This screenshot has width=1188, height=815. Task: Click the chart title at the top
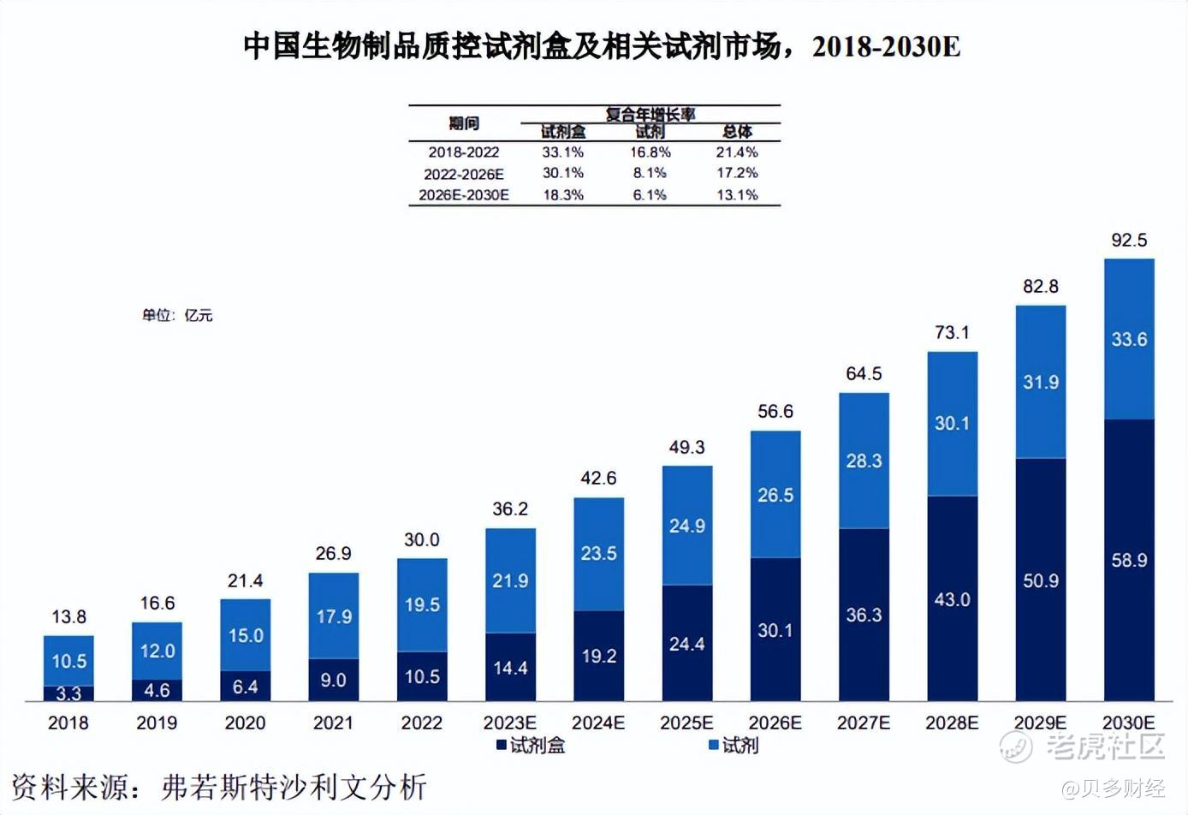coord(602,46)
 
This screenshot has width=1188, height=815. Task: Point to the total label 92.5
coord(1129,241)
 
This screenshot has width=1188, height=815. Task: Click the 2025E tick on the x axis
coord(686,723)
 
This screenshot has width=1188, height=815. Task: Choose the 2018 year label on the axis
coord(68,723)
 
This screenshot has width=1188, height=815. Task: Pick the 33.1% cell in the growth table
coord(562,152)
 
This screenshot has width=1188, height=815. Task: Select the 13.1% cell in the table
coord(737,195)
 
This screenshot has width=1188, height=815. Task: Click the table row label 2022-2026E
coord(464,174)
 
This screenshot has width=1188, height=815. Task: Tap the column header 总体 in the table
coord(737,131)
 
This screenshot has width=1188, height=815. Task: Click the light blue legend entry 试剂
coord(734,746)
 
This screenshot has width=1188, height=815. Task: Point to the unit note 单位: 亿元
coord(177,315)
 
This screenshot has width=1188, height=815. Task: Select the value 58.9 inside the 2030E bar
coord(1129,561)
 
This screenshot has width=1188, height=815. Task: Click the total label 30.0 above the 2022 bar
coord(422,540)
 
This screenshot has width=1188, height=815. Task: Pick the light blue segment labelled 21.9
coord(510,581)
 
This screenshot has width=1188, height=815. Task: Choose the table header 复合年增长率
coord(650,114)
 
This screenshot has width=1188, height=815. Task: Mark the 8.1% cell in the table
coord(650,174)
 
